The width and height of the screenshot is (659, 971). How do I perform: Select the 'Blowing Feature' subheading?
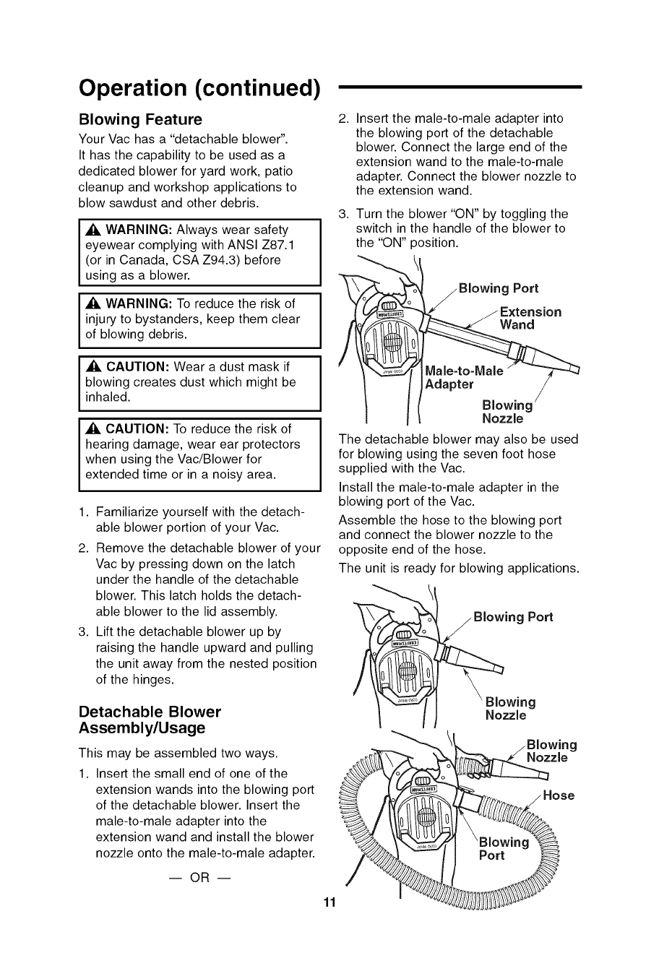click(x=140, y=119)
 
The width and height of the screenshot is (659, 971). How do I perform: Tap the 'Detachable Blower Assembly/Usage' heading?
click(x=150, y=719)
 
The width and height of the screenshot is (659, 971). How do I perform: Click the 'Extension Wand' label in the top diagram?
click(x=530, y=318)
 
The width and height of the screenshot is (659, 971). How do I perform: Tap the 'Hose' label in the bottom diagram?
click(x=558, y=795)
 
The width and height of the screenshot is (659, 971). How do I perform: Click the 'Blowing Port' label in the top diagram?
click(x=499, y=288)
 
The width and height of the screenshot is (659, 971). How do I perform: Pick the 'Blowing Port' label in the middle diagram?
click(x=513, y=616)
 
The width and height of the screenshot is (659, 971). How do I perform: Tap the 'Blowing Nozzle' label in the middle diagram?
click(x=510, y=708)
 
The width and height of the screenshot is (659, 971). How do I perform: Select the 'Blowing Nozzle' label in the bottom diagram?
click(x=551, y=751)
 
